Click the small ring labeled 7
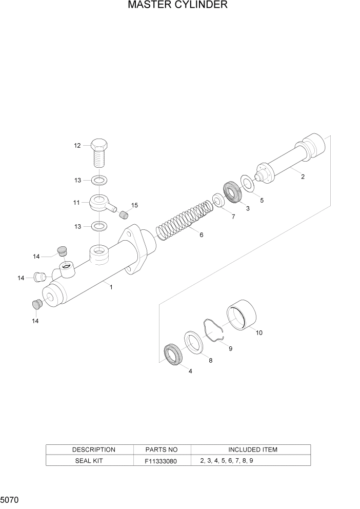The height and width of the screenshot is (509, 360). tap(218, 201)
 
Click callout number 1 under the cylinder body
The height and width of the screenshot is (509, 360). tap(111, 287)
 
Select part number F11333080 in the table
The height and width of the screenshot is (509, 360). tap(162, 461)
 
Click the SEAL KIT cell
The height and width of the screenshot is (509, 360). tap(90, 460)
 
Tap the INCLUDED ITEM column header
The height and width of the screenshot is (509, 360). tap(252, 449)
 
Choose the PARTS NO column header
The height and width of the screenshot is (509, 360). tap(162, 449)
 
